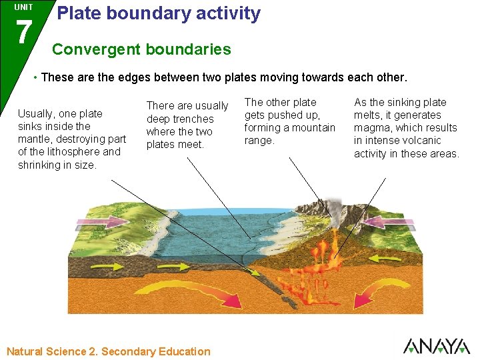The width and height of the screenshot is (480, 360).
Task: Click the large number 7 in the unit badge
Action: click(23, 31)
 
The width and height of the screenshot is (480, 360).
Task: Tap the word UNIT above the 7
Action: click(23, 7)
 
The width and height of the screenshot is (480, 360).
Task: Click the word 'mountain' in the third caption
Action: click(311, 128)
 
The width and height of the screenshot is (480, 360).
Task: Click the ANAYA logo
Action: click(436, 347)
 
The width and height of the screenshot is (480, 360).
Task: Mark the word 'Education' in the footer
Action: click(185, 351)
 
